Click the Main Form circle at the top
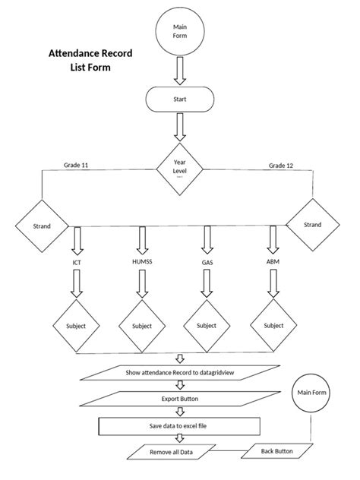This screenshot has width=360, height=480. click(179, 32)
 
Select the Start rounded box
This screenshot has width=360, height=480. click(179, 99)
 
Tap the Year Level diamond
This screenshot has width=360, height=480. click(180, 167)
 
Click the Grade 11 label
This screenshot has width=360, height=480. click(76, 164)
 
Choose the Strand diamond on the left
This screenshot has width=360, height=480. click(43, 226)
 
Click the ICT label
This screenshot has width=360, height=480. click(77, 263)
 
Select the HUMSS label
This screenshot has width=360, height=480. click(142, 262)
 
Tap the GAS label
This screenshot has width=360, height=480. click(207, 262)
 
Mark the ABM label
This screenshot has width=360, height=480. click(272, 262)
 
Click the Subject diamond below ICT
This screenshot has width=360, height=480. click(76, 326)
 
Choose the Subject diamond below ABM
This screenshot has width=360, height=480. click(273, 325)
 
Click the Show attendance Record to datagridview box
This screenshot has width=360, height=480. click(179, 372)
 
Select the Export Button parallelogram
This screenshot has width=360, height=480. click(180, 398)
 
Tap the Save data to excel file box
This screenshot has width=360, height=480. click(180, 425)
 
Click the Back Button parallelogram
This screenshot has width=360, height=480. click(277, 450)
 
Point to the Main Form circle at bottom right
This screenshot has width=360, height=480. click(311, 394)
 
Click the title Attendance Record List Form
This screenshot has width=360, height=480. click(90, 61)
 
